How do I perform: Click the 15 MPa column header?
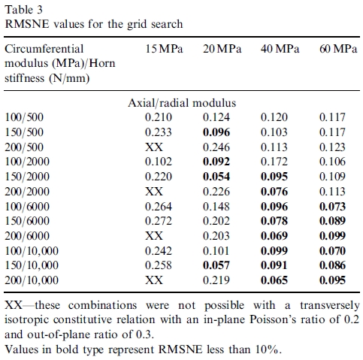coord(164,49)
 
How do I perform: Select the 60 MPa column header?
coord(338,49)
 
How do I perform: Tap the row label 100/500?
coord(24,117)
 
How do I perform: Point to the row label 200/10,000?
coord(32,280)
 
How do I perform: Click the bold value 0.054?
coord(216,177)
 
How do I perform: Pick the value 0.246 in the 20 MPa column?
coord(216,147)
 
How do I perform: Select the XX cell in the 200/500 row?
coord(154,147)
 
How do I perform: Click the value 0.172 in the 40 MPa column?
coord(274,162)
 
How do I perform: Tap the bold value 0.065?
coord(274,280)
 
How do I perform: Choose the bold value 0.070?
coord(332,251)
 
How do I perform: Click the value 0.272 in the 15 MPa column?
coord(159,221)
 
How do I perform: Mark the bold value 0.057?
coord(216,265)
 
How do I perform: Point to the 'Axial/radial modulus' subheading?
coord(182,103)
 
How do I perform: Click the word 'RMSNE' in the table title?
coord(27,24)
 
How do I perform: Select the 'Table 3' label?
coord(24,10)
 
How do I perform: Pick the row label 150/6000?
coord(27,221)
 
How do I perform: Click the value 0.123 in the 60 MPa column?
coord(332,147)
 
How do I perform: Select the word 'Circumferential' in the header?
coord(44,49)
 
